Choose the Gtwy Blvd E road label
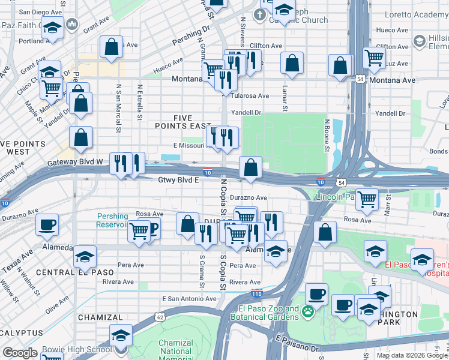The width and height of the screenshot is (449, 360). coord(178,179)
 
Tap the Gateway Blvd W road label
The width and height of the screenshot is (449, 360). coord(75,162)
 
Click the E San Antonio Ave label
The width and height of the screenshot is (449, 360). coord(188,299)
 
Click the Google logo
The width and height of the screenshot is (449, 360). coord(20,353)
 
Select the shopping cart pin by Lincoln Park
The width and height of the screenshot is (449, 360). coord(366,198)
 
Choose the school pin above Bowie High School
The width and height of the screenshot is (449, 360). coord(121,334)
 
